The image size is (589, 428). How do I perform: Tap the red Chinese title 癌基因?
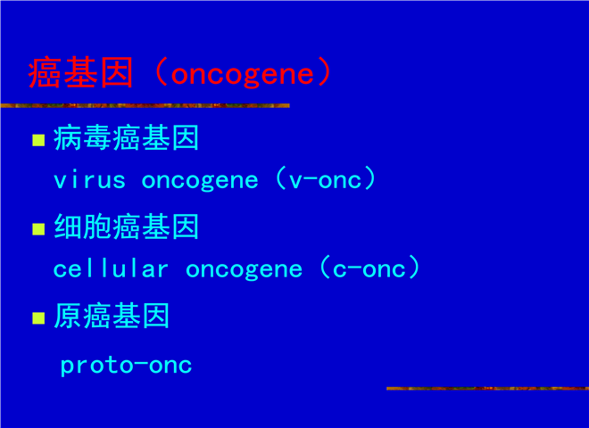pyautogui.click(x=80, y=72)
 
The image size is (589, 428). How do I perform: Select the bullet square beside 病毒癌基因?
pyautogui.click(x=38, y=140)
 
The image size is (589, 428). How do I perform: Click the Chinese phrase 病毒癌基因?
pyautogui.click(x=126, y=138)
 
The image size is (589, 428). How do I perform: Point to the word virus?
pyautogui.click(x=89, y=180)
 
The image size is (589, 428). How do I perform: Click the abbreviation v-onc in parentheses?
pyautogui.click(x=326, y=180)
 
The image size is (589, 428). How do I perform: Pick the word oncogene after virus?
pyautogui.click(x=200, y=182)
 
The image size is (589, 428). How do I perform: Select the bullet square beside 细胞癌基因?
pyautogui.click(x=38, y=229)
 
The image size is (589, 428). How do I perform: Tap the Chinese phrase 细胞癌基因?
pyautogui.click(x=126, y=226)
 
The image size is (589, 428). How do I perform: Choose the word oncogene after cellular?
pyautogui.click(x=245, y=270)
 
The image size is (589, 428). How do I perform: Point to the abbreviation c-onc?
pyautogui.click(x=369, y=268)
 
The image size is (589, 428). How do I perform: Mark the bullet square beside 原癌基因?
pyautogui.click(x=38, y=318)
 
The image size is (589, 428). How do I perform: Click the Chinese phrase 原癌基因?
pyautogui.click(x=112, y=316)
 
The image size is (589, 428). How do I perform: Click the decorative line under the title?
pyautogui.click(x=145, y=105)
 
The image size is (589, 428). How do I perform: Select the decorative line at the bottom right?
pyautogui.click(x=487, y=388)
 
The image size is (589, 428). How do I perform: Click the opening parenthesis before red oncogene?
pyautogui.click(x=161, y=72)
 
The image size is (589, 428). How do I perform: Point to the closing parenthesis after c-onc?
pyautogui.click(x=413, y=267)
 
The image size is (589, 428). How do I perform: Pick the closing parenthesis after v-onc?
pyautogui.click(x=370, y=178)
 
